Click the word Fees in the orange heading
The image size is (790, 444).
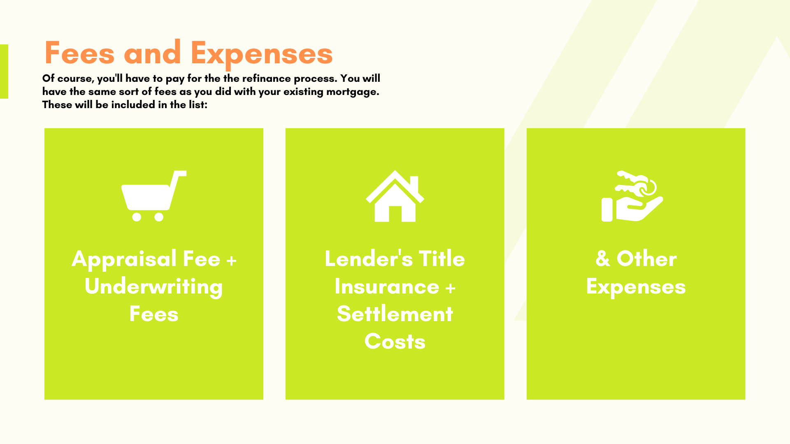coord(79,53)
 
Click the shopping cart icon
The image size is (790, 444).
coord(154,196)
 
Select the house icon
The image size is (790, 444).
coord(395,196)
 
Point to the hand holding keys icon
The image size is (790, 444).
coord(632,196)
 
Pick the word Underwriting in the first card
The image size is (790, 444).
coord(153,287)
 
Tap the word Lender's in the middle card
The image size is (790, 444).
coord(369,259)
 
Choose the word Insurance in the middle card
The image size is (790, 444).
coord(387,286)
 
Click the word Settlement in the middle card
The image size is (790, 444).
coord(395,314)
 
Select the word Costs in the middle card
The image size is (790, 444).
coord(395,341)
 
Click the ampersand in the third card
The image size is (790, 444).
coord(603,259)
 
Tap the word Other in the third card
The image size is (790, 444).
coord(646,259)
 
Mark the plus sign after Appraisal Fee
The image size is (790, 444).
coord(232,260)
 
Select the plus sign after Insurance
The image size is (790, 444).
coord(451,287)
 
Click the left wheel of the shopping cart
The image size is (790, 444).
coord(137,217)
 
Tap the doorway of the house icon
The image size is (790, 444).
coord(395,214)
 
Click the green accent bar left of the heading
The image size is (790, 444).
coord(4,72)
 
